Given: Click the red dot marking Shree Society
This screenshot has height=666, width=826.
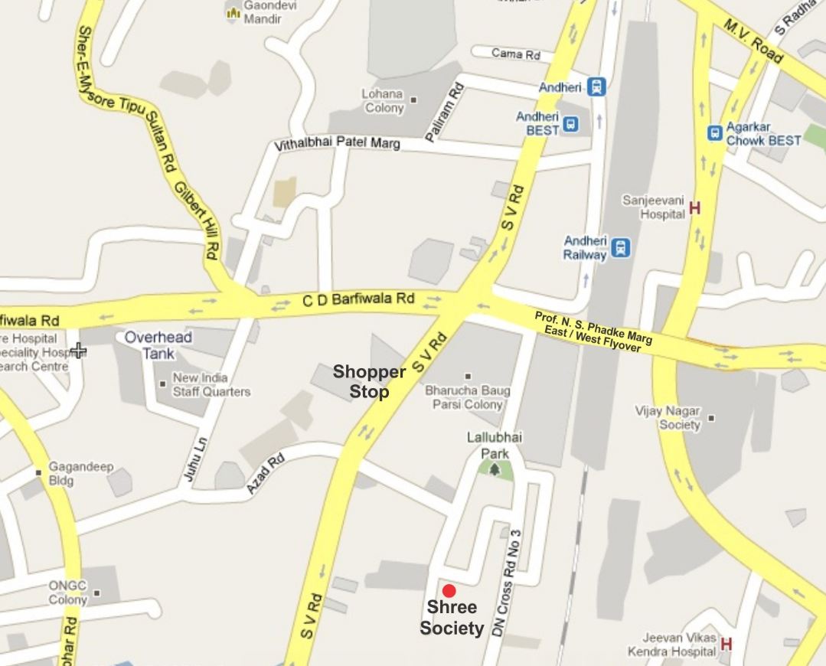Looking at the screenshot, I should click(x=449, y=590).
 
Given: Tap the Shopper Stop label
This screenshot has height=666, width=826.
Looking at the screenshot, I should click(x=368, y=382).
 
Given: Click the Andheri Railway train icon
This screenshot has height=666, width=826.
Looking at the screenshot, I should click(x=621, y=247).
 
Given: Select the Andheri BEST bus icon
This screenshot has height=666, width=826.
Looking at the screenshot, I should click(x=570, y=123).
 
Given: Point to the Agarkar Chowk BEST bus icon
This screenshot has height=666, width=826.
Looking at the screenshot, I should click(x=715, y=133).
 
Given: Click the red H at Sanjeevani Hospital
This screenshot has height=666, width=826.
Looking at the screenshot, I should click(x=695, y=207).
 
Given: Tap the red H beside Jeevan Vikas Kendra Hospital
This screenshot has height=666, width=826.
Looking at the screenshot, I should click(x=726, y=644).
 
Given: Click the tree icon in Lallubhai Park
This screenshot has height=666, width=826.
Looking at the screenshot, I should click(x=495, y=468).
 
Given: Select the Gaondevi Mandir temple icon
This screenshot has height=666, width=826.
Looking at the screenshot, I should click(x=233, y=12).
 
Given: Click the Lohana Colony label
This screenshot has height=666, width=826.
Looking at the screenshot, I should click(x=383, y=101).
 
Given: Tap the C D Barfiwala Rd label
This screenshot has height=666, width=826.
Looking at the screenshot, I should click(x=358, y=299).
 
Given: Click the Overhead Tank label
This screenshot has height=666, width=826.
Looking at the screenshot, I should click(x=158, y=345).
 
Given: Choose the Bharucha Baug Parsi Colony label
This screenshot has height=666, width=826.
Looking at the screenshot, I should click(x=467, y=397).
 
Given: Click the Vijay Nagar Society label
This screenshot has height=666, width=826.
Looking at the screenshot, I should click(x=668, y=418).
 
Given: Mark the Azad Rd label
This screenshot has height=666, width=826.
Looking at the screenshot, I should click(x=266, y=473).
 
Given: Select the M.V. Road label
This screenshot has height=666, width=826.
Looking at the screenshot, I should click(x=753, y=41).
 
